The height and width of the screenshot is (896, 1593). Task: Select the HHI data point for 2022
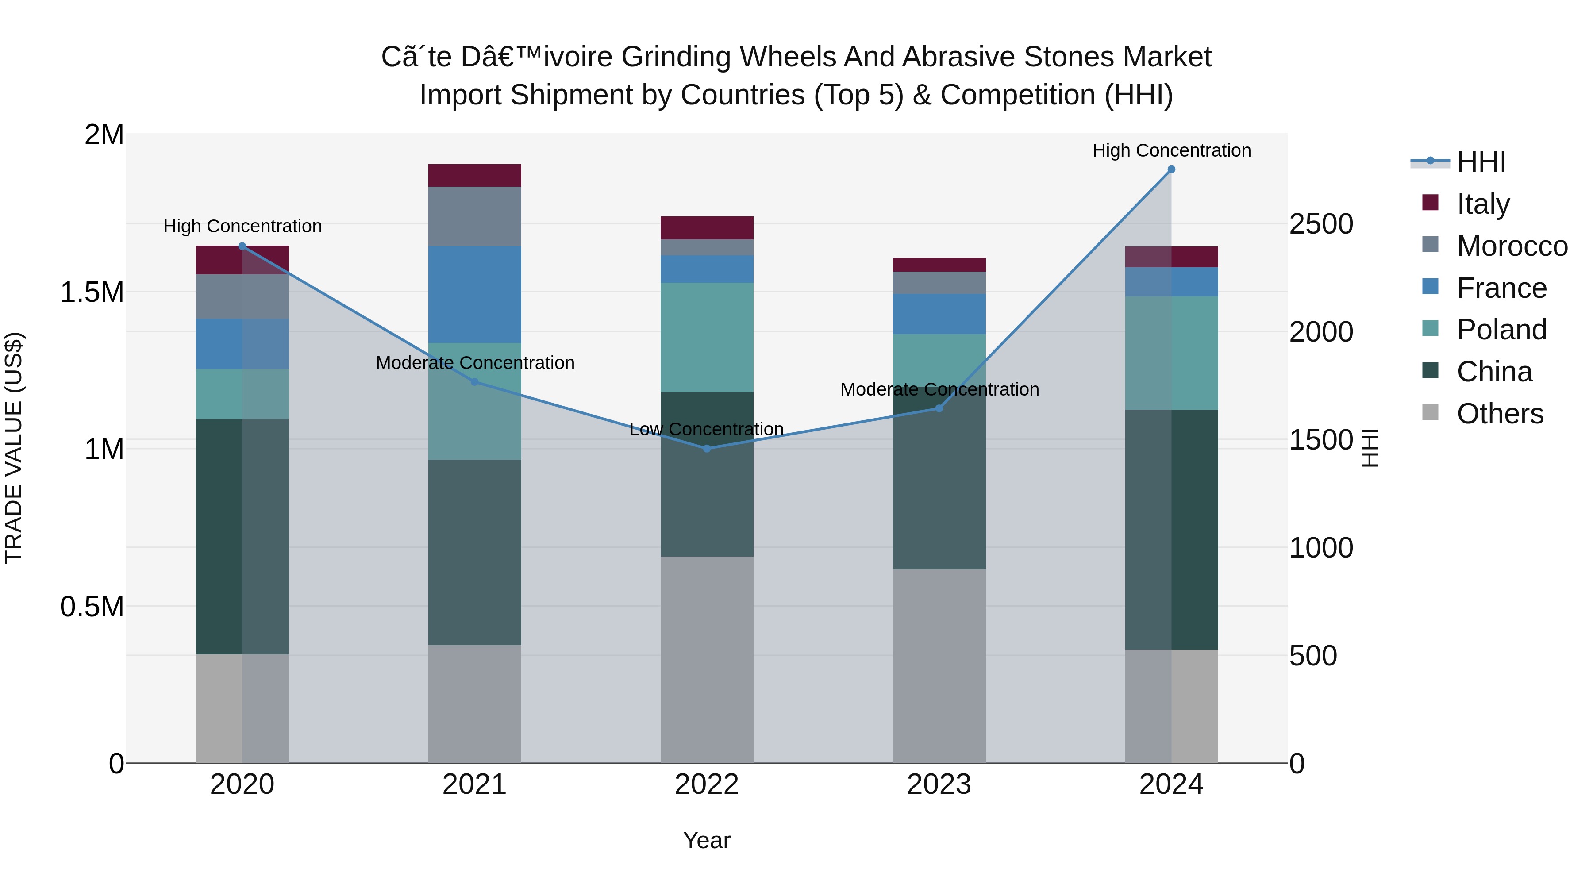(x=707, y=448)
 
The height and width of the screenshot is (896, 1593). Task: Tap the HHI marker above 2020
(x=242, y=246)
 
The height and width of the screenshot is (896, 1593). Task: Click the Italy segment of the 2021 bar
(x=474, y=176)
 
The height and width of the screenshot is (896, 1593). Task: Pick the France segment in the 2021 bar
(x=474, y=294)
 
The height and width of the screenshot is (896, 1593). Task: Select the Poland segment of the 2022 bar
(x=707, y=337)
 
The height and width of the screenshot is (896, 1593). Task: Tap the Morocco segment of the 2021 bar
(x=474, y=216)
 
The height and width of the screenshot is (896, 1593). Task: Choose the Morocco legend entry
(x=1512, y=246)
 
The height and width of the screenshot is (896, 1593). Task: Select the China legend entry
(x=1494, y=372)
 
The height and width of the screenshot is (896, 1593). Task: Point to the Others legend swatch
(x=1430, y=412)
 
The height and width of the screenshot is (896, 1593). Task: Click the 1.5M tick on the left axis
(x=92, y=292)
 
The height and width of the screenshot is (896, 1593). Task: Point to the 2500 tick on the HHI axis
(x=1321, y=224)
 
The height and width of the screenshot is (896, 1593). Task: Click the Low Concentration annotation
(x=706, y=429)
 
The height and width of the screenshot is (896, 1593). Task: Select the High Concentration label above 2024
(x=1171, y=151)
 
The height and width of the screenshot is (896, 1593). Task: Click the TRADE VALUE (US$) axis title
(x=14, y=448)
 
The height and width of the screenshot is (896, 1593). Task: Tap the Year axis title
(x=706, y=840)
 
